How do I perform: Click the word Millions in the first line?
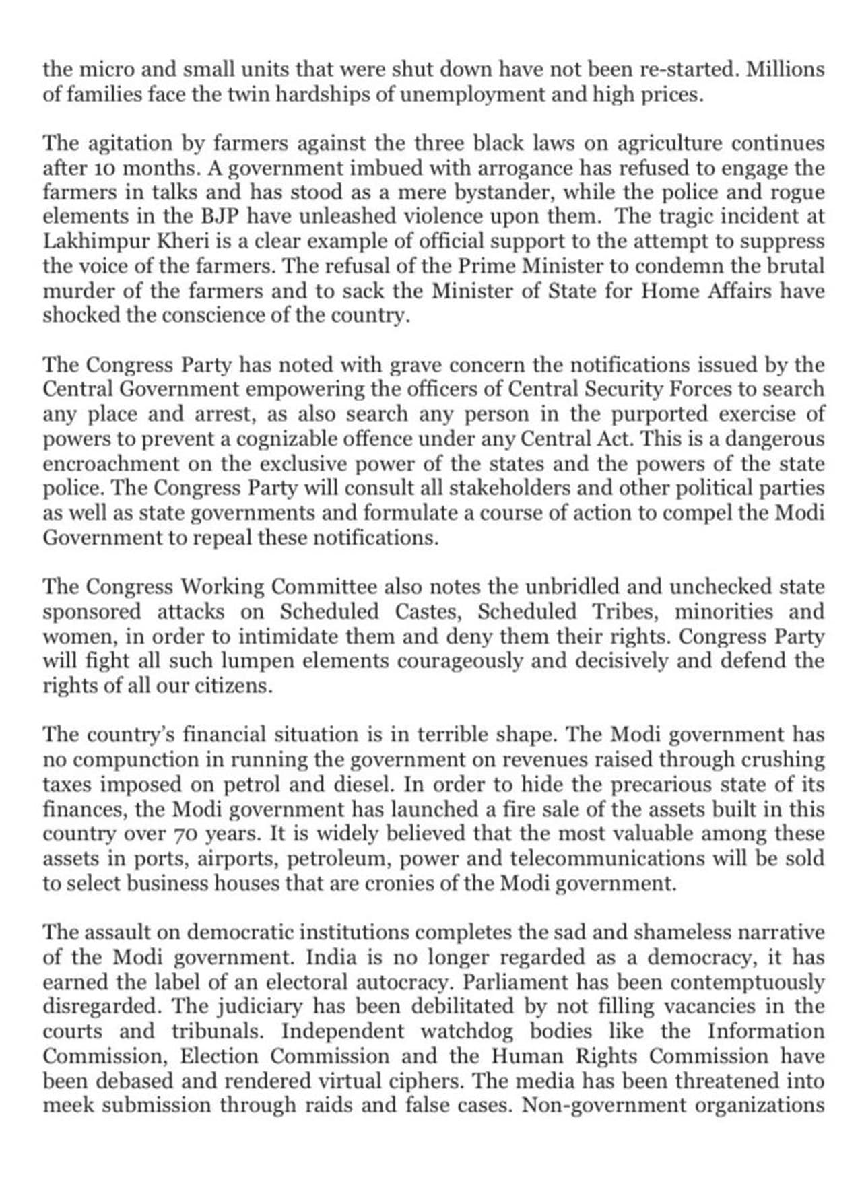coord(786,69)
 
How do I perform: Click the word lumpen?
coord(245,661)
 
